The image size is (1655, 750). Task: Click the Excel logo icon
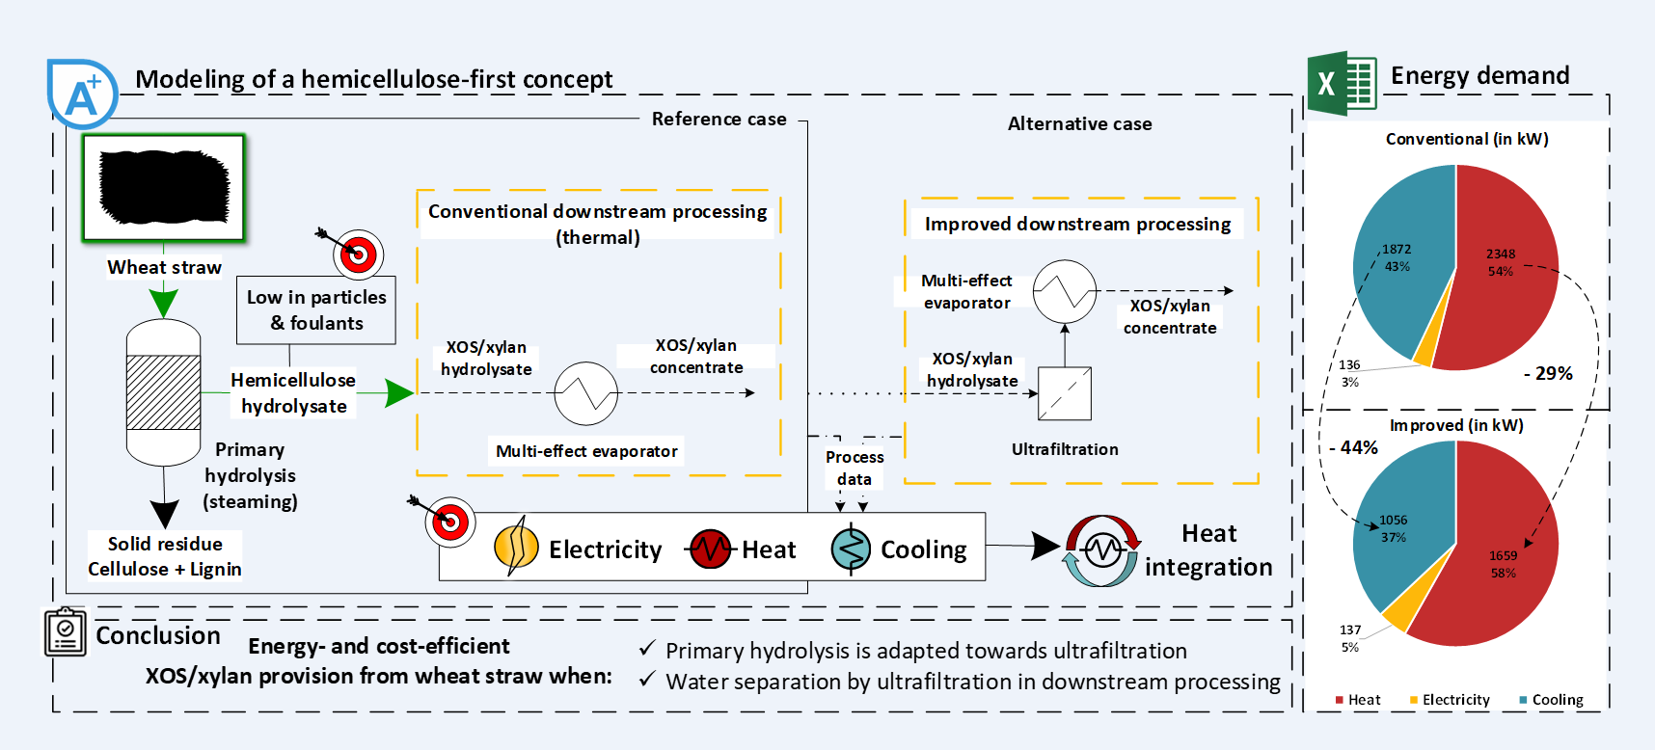click(1342, 84)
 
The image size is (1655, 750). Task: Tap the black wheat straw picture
click(164, 187)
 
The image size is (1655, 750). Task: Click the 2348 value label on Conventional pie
click(1501, 254)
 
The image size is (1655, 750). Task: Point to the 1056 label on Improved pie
click(1394, 520)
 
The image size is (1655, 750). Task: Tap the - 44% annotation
click(1354, 447)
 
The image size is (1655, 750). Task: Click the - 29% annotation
click(1548, 373)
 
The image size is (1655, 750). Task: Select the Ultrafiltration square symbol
click(1065, 393)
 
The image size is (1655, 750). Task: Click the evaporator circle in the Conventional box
click(585, 393)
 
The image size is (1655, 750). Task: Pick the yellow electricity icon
click(516, 547)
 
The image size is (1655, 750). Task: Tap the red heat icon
click(711, 549)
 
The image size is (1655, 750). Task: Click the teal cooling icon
click(852, 549)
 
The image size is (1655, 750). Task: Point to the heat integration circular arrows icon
click(1101, 550)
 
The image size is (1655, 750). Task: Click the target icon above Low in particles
click(357, 254)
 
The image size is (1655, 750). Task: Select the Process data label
click(855, 468)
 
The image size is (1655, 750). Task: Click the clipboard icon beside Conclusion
click(66, 632)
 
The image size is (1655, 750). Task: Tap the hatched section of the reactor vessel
click(164, 392)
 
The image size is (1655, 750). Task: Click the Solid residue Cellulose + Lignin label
click(165, 556)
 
